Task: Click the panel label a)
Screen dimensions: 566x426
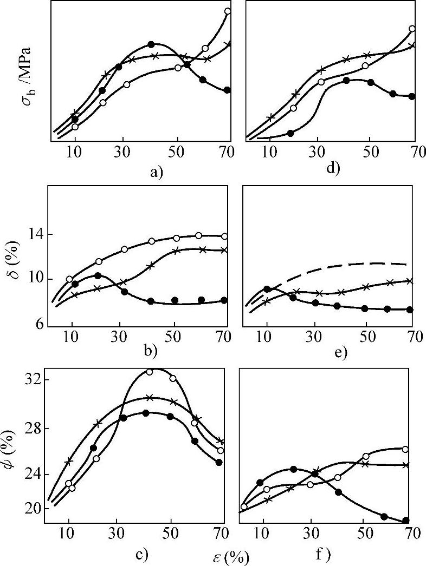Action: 157,173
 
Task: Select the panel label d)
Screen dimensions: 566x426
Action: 332,168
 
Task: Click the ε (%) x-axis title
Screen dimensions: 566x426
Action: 228,556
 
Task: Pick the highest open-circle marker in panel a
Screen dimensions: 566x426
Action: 228,11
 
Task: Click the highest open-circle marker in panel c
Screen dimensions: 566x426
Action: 150,371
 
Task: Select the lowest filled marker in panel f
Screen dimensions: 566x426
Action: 405,521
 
